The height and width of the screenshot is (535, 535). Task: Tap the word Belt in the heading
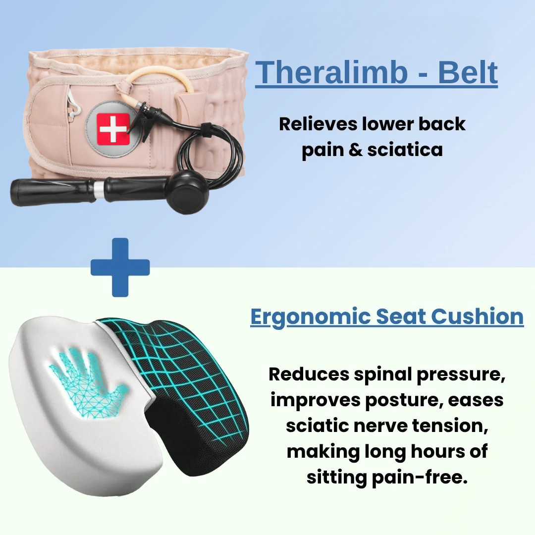click(467, 73)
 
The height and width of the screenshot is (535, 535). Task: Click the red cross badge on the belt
click(113, 128)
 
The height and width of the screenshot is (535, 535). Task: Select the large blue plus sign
click(120, 267)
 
